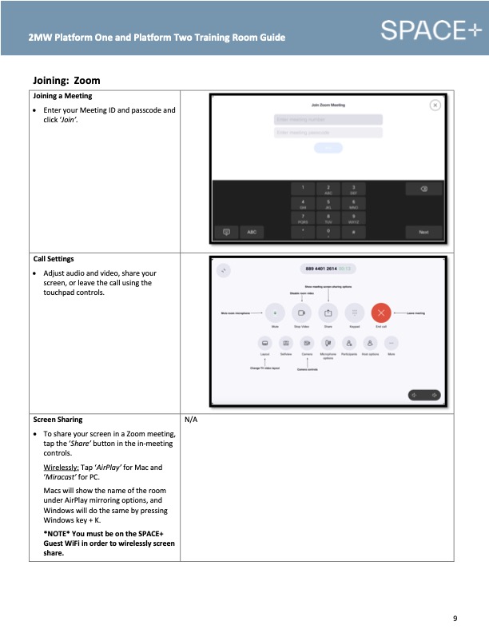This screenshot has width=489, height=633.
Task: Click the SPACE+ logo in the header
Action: click(x=431, y=31)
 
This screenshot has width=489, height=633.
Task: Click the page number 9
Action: click(x=455, y=619)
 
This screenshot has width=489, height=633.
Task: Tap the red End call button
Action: click(x=380, y=313)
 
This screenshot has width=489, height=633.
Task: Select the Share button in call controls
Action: click(x=328, y=313)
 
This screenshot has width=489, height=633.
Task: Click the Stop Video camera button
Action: click(x=302, y=313)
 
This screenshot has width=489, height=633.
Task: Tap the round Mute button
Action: click(x=275, y=313)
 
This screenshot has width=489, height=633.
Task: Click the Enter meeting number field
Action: click(x=328, y=119)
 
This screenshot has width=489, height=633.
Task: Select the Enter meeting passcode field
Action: click(x=328, y=133)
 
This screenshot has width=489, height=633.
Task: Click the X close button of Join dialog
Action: click(x=435, y=105)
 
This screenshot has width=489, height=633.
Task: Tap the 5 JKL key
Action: click(x=328, y=203)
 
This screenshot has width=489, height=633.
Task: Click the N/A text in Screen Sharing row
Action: click(x=191, y=419)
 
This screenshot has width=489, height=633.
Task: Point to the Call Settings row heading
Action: click(x=54, y=259)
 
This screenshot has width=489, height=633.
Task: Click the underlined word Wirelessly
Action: click(x=61, y=468)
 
